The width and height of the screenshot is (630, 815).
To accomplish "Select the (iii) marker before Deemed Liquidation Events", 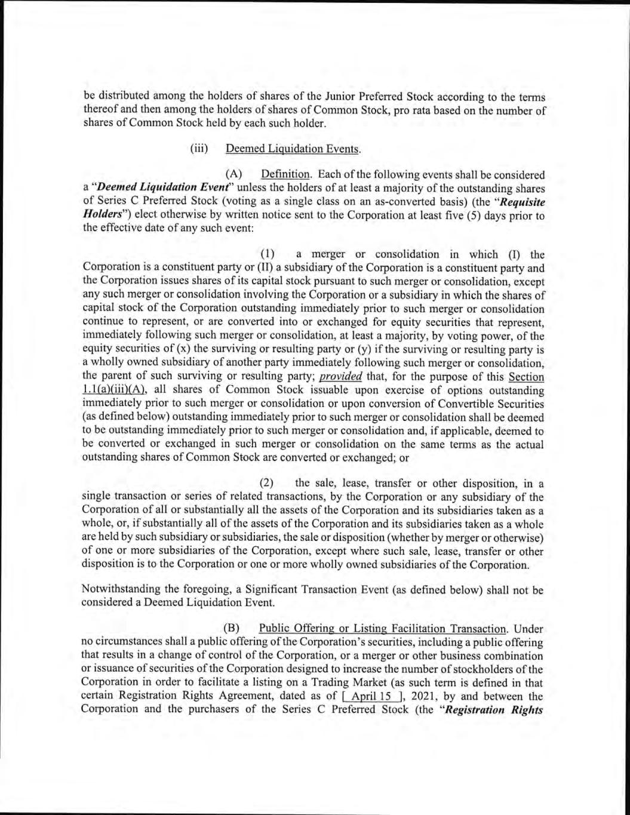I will pos(198,149).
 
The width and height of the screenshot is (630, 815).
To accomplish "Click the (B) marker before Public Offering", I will pos(231,628).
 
